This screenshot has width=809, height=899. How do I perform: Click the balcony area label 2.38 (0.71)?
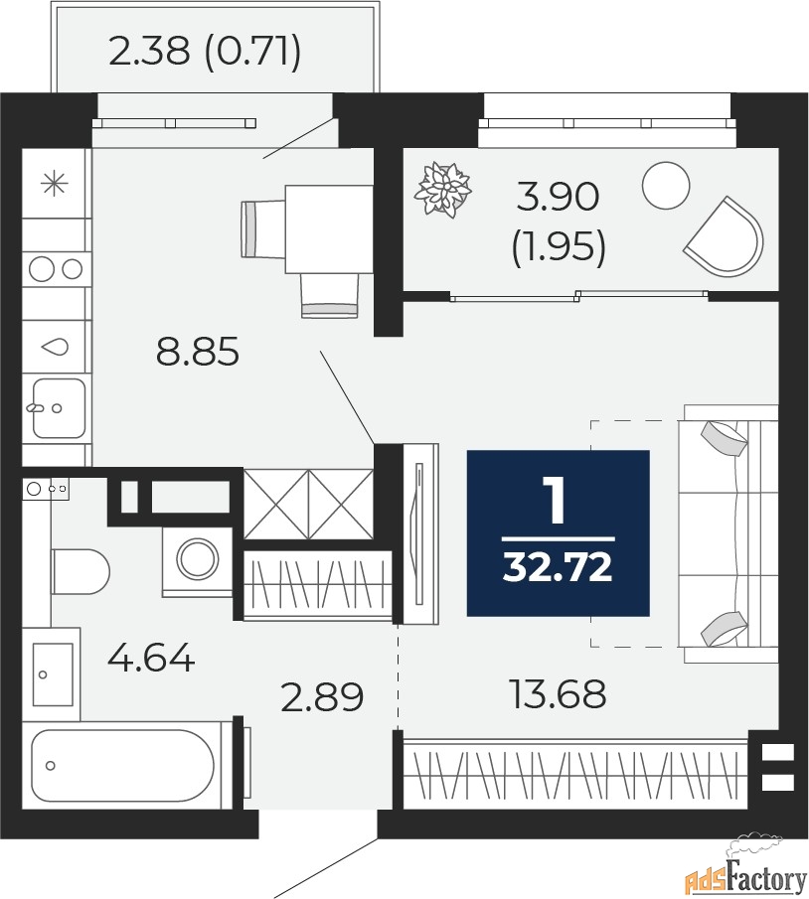click(x=205, y=53)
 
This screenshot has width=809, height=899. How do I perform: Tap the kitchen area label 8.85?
click(x=198, y=352)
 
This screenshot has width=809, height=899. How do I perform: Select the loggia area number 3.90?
click(x=558, y=197)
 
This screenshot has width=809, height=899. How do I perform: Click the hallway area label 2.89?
click(x=322, y=696)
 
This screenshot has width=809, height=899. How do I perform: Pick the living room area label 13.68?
click(x=558, y=693)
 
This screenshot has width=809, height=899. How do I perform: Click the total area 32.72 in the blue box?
click(x=558, y=567)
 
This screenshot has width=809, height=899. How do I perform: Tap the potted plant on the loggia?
click(x=443, y=189)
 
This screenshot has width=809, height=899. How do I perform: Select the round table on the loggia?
click(x=666, y=185)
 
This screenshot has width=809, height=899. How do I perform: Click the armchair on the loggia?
click(x=725, y=236)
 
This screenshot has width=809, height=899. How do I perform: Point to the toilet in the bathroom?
click(x=81, y=571)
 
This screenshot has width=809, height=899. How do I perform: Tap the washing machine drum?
click(x=198, y=559)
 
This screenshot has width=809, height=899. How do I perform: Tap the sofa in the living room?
click(x=728, y=533)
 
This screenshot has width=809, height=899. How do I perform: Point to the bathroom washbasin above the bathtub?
click(x=53, y=674)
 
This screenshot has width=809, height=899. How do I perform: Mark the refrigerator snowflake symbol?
click(x=55, y=184)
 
